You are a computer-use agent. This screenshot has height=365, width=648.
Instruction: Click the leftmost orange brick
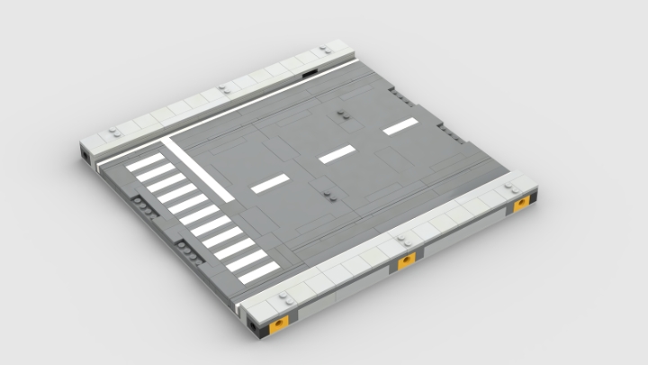coord(281,321)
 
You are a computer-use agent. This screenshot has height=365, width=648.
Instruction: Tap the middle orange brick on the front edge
coord(407,260)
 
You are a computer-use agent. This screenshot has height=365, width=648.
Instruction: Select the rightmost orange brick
coord(521,205)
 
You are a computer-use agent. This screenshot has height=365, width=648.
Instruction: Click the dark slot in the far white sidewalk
coord(310,73)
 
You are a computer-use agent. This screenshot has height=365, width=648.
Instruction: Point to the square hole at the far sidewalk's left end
coord(85,159)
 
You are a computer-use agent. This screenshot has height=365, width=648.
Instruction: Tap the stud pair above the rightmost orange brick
coord(514,187)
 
